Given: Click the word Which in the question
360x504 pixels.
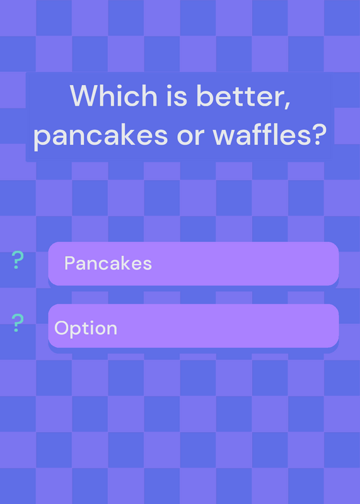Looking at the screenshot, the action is (x=113, y=96).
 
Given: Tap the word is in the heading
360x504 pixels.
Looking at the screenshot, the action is (x=177, y=96).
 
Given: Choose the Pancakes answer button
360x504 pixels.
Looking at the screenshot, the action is (x=194, y=263).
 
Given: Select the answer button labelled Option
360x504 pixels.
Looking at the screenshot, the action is (x=194, y=326).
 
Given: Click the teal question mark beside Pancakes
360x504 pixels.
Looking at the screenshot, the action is (x=18, y=260).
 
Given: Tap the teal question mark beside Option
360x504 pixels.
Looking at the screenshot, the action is (x=18, y=323).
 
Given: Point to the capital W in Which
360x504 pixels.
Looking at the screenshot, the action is (x=84, y=96).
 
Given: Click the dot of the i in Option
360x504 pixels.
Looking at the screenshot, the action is (x=90, y=322).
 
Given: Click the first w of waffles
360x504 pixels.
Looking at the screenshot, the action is (x=224, y=137).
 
